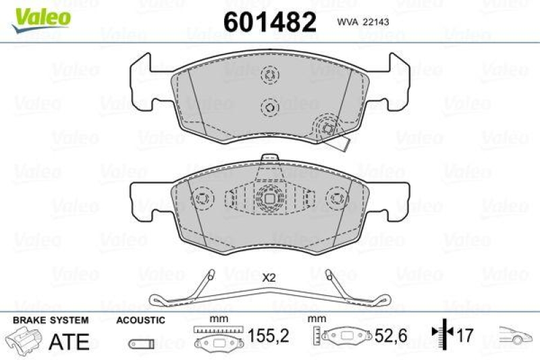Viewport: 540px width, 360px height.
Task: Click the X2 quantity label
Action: [x=269, y=277]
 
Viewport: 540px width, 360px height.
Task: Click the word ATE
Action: [x=70, y=341]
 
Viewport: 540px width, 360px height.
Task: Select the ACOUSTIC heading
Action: [x=140, y=319]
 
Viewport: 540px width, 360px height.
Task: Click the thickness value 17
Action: [x=465, y=334]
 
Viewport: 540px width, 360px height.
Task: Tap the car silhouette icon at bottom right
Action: [x=515, y=334]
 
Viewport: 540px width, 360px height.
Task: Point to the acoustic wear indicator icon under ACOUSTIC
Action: [x=140, y=341]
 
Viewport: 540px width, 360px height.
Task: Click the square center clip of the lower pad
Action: [x=269, y=199]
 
